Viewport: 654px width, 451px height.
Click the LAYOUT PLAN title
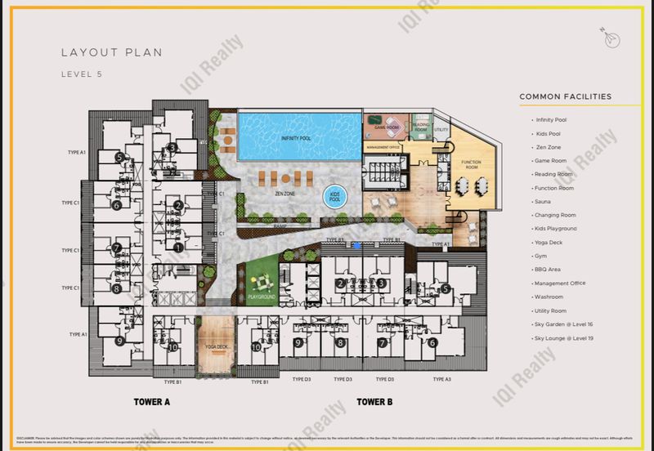pos(111,52)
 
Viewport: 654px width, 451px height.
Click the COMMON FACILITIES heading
pos(565,96)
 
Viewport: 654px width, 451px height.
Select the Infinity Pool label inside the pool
pos(295,139)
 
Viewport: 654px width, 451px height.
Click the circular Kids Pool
pos(334,197)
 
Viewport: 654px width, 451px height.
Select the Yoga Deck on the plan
pos(216,346)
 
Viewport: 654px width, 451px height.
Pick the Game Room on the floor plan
pos(385,127)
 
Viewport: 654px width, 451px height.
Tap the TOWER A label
pos(152,402)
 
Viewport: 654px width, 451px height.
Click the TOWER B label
pos(375,402)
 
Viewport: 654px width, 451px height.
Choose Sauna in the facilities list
pos(543,201)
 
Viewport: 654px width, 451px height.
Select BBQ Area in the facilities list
pos(547,270)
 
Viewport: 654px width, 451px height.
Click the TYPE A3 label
pos(441,380)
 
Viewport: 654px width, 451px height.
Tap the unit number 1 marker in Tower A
pos(178,248)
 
